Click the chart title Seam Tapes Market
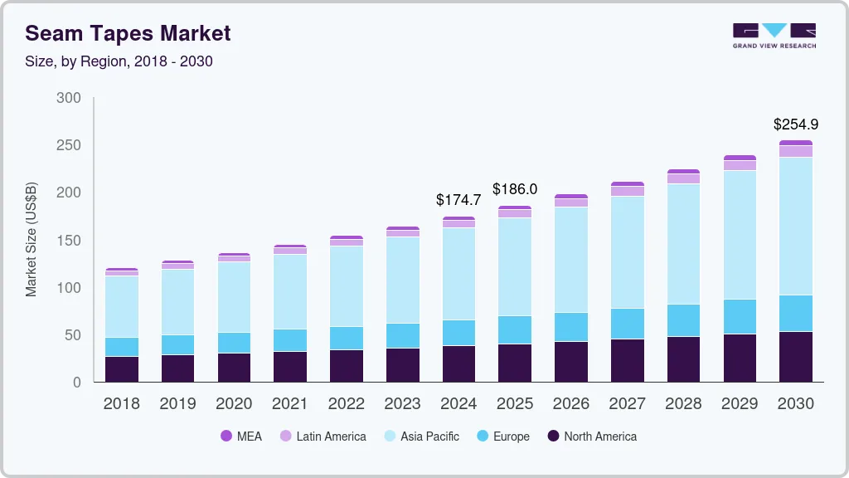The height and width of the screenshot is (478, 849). (x=129, y=33)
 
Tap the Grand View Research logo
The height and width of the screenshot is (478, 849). (x=774, y=35)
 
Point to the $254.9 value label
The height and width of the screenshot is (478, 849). (x=796, y=124)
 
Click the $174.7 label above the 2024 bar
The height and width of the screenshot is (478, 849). (x=458, y=200)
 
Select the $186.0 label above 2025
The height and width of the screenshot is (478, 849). (x=515, y=189)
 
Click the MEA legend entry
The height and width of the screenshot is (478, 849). (x=241, y=437)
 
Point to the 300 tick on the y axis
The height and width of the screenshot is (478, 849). (x=69, y=98)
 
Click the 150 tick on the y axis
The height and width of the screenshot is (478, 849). (x=69, y=241)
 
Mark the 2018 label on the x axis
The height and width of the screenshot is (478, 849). (x=121, y=404)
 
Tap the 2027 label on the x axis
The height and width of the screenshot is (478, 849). (x=628, y=404)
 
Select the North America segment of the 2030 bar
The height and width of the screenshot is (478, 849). (x=796, y=357)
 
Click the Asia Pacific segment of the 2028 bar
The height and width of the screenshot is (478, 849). (x=683, y=244)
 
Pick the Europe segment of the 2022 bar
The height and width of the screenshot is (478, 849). (x=346, y=338)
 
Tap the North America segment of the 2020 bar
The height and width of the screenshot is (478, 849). (x=234, y=368)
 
